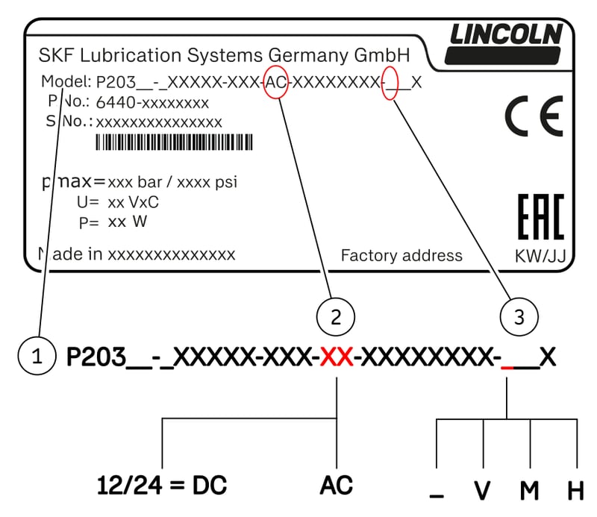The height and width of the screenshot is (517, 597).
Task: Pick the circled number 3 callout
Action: point(519,317)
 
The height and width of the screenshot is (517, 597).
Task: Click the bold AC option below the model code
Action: point(337,486)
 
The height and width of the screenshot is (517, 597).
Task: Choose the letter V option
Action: point(483,490)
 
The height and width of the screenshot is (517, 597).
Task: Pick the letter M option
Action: point(530,490)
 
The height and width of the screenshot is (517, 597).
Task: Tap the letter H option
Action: point(575,490)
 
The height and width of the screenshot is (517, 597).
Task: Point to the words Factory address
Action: point(401,255)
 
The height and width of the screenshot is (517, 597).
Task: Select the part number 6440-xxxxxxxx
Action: point(152,102)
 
